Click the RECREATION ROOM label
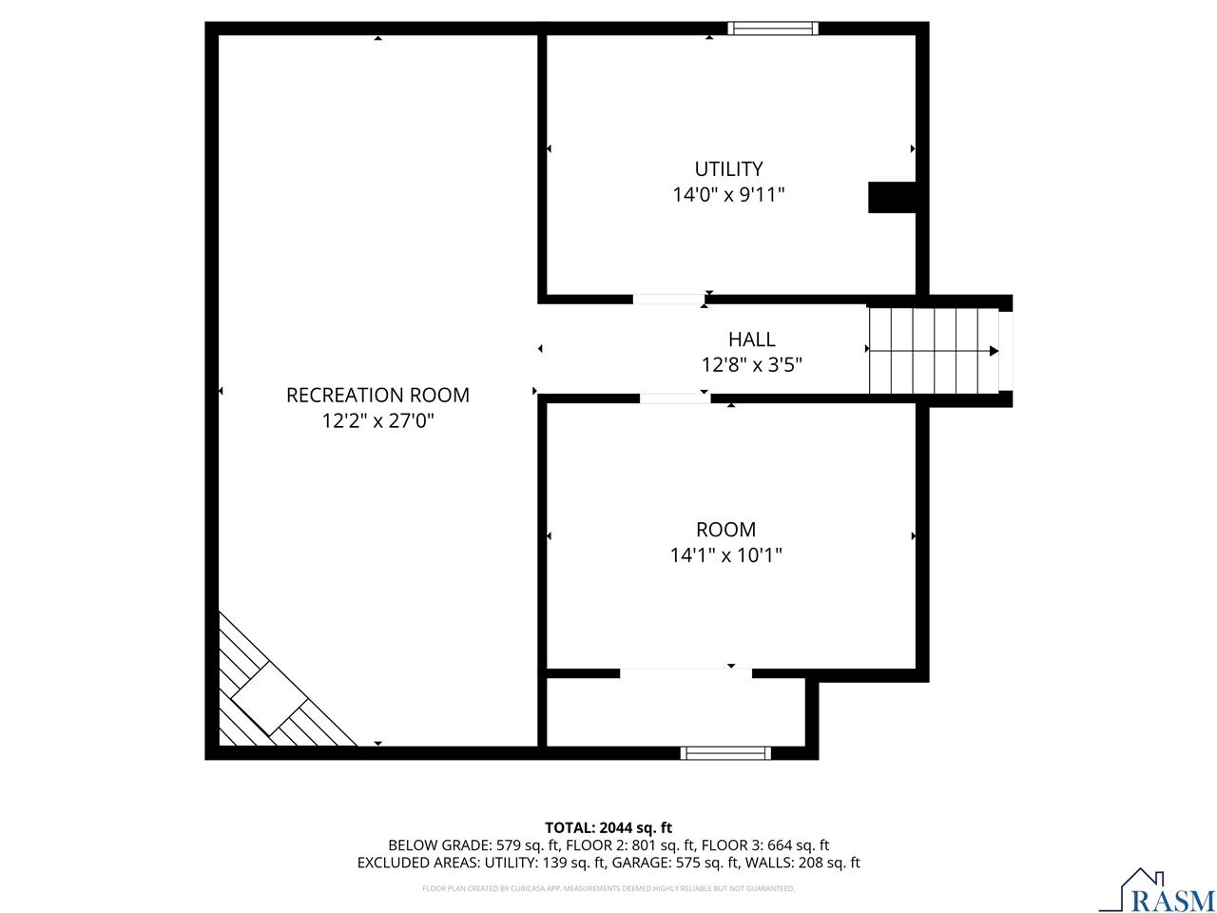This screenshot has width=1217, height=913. pyautogui.click(x=377, y=395)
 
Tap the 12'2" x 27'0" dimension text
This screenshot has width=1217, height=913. pyautogui.click(x=377, y=420)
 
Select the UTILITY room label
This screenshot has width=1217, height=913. pyautogui.click(x=728, y=169)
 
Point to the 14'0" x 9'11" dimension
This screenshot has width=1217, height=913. pyautogui.click(x=728, y=195)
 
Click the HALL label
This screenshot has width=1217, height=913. pyautogui.click(x=751, y=339)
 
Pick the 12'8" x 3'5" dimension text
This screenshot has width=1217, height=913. pyautogui.click(x=751, y=364)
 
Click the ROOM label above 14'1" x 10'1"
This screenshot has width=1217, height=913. pyautogui.click(x=725, y=530)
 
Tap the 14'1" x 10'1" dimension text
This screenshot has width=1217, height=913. pyautogui.click(x=725, y=554)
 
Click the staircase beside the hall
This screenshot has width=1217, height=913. pyautogui.click(x=932, y=350)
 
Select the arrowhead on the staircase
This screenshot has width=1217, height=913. pyautogui.click(x=994, y=351)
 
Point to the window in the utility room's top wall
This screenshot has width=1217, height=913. pyautogui.click(x=772, y=28)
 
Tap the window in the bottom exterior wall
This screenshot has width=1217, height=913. pyautogui.click(x=725, y=753)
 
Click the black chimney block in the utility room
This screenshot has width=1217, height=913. pyautogui.click(x=891, y=197)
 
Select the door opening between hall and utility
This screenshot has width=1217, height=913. pyautogui.click(x=668, y=300)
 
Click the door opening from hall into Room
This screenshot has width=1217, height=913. pyautogui.click(x=674, y=398)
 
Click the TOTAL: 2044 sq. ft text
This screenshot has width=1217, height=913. pyautogui.click(x=608, y=827)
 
